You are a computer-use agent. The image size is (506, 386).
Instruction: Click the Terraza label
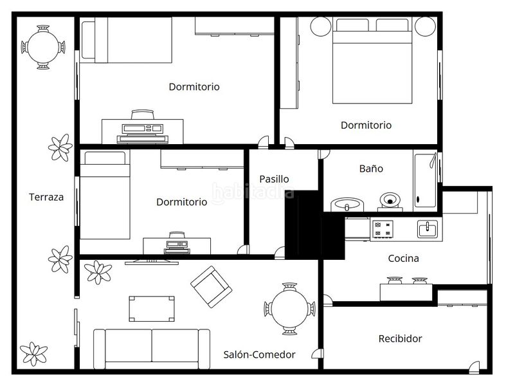pos(46,197)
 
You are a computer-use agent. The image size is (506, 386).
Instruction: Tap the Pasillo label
pos(274,179)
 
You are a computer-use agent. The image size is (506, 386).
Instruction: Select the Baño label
pos(371,169)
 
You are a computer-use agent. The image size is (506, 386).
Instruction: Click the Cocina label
pos(403,259)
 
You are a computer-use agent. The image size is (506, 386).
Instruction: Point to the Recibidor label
pos(400,338)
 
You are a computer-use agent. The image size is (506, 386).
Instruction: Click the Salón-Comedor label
pos(260,354)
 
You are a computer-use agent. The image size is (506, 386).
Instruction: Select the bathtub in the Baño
pos(425,180)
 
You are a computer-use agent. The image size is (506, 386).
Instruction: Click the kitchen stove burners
pos(383,228)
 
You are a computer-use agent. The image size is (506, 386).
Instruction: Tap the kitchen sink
pos(428,229)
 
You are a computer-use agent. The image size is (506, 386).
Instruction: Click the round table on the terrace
pos(43,47)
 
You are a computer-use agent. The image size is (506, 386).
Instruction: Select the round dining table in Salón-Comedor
pos(289,308)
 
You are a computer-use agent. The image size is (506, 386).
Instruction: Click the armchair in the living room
pos(211,287)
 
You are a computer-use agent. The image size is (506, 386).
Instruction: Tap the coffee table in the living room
pos(152,309)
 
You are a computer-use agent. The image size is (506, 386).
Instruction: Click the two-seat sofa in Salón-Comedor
pos(152,349)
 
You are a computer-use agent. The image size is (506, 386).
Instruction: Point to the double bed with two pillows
pos(372,60)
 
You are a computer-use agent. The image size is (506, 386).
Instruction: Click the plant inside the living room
pos(98,272)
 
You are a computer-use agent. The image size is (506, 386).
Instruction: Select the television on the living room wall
pos(152,262)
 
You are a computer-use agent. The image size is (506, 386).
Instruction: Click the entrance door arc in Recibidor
pos(474,365)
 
